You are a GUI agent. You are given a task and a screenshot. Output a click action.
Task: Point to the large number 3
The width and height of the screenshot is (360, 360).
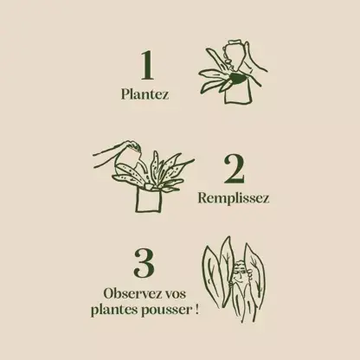tap(145, 263)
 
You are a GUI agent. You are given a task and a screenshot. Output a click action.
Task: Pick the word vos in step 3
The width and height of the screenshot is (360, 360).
tap(178, 293)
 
